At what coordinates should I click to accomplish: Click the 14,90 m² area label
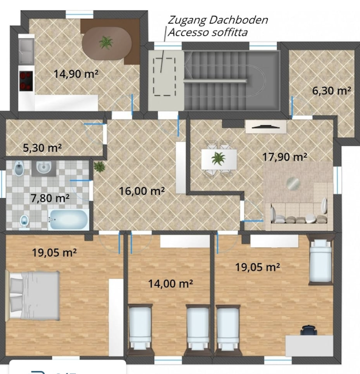[x=76, y=74]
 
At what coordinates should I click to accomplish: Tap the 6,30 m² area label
[x=332, y=91]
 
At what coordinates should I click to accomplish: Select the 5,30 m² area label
[x=42, y=148]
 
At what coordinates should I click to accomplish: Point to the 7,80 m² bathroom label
[x=50, y=198]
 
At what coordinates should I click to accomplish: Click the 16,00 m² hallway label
[x=142, y=191]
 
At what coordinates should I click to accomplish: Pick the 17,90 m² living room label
[x=285, y=156]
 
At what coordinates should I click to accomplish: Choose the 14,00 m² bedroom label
[x=171, y=283]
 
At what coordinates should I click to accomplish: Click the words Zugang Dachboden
[x=218, y=20]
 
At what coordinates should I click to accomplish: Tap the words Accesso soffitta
[x=208, y=32]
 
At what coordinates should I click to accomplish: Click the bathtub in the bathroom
[x=68, y=219]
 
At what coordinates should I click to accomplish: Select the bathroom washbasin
[x=44, y=168]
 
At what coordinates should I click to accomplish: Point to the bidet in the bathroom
[x=19, y=168]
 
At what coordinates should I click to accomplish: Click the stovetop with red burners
[x=26, y=81]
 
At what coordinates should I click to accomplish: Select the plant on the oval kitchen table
[x=106, y=42]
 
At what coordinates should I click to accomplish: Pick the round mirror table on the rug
[x=293, y=183]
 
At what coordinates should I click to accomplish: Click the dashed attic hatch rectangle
[x=164, y=77]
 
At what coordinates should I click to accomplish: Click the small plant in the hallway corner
[x=99, y=167]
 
